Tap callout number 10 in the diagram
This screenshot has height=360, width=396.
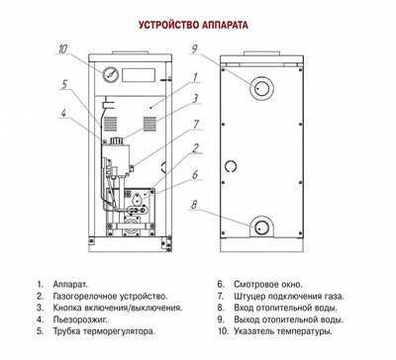(61, 48)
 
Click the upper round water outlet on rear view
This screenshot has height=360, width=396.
(263, 87)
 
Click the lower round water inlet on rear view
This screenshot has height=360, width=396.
(263, 226)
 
